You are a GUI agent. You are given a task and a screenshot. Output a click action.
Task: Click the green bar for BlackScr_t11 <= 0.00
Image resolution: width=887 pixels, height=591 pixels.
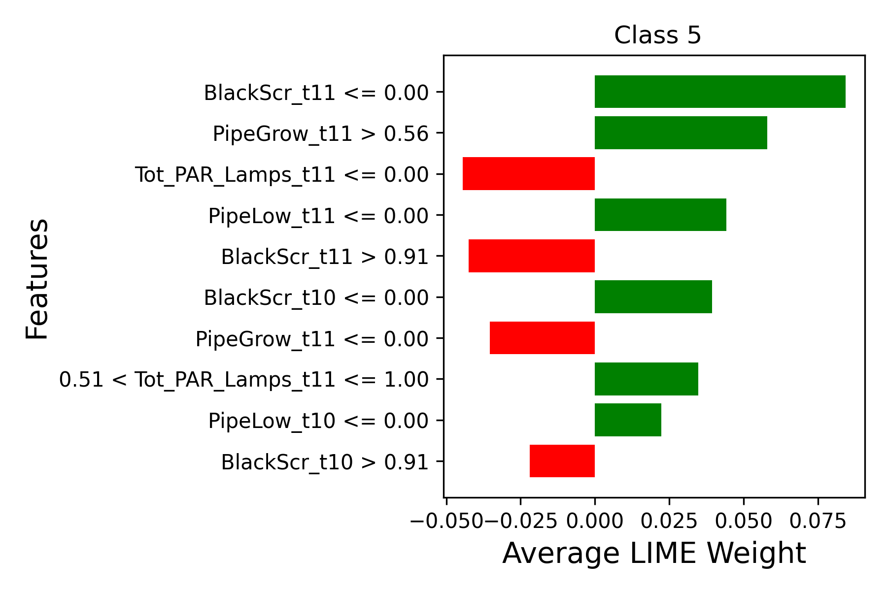(719, 92)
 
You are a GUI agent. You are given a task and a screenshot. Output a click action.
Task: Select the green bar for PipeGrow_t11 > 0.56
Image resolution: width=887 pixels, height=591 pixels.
(681, 132)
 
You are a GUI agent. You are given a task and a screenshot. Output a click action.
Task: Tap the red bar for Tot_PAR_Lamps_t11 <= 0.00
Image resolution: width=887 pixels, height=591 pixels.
(528, 173)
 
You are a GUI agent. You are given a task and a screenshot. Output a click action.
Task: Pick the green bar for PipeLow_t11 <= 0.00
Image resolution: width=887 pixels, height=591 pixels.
(660, 215)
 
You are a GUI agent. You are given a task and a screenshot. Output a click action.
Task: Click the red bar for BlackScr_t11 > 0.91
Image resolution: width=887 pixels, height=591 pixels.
(531, 256)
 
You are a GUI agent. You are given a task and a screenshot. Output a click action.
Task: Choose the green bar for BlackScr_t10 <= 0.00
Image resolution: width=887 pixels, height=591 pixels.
(653, 296)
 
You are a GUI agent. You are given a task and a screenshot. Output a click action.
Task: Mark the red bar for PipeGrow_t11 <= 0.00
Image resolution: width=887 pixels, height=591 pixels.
(542, 338)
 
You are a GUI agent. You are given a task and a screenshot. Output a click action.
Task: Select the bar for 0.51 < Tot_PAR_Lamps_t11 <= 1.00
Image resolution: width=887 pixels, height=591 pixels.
(646, 379)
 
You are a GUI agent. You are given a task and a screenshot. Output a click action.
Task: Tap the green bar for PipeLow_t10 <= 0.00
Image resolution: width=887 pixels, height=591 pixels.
(628, 420)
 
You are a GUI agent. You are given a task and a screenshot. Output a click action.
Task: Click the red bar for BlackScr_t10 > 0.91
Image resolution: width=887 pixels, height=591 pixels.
(562, 461)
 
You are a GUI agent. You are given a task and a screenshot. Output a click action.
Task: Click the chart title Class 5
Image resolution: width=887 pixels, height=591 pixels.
(657, 35)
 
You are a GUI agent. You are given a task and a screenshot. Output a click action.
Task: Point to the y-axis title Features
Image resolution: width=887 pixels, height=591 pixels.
(37, 279)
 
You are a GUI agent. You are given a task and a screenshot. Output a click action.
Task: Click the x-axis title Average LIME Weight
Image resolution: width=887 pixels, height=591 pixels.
(654, 553)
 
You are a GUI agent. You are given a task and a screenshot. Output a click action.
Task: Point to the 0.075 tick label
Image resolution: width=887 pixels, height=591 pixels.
(818, 521)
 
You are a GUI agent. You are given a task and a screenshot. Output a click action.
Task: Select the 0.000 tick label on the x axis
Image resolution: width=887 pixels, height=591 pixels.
(595, 521)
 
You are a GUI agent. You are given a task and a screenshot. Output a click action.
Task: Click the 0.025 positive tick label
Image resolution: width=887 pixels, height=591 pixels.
(669, 521)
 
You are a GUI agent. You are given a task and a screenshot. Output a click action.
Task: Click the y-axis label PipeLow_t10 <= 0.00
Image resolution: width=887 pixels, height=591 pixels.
(318, 421)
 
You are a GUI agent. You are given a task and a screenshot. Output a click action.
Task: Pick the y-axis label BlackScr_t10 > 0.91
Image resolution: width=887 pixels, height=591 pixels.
(325, 462)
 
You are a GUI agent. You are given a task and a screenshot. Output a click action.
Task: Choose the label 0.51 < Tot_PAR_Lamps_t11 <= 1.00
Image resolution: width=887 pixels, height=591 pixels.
(244, 380)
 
